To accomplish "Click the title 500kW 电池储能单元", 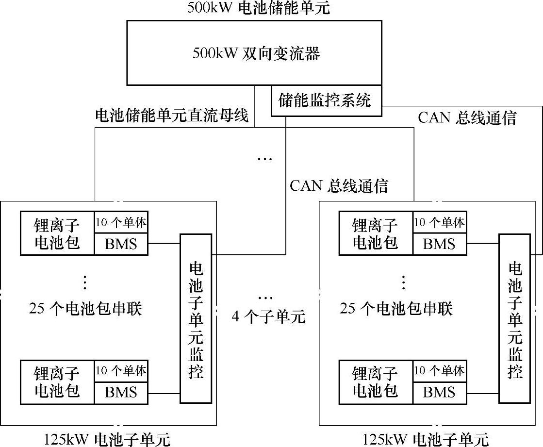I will click(258, 8).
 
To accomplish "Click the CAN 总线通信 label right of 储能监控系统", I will click(467, 118).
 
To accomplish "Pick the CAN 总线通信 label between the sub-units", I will click(339, 186).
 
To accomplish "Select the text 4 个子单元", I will click(268, 317).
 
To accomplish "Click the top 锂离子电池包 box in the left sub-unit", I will click(57, 233).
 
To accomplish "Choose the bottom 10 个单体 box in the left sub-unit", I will click(121, 371).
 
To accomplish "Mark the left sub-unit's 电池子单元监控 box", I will click(196, 318).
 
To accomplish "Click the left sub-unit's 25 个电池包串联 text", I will click(85, 309).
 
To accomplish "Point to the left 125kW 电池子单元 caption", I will click(107, 439).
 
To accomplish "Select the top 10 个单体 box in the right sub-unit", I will click(439, 223).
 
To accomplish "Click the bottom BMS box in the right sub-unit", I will click(439, 392).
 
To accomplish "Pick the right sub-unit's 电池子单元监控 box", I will click(514, 318).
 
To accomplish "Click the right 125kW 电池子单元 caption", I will click(426, 439).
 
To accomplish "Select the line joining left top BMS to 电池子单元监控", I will click(165, 244).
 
